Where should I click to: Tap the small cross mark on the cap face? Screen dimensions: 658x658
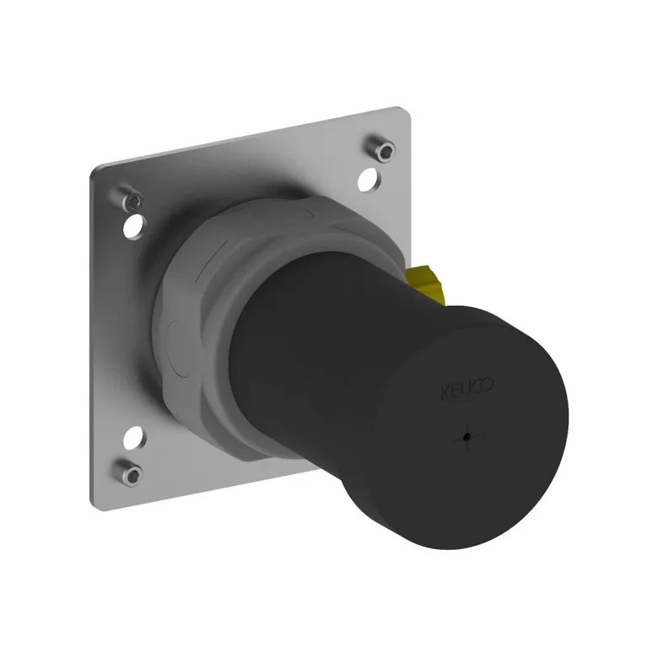pos(467,437)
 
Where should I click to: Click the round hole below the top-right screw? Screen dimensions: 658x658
pos(369,180)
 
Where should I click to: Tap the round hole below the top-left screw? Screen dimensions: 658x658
pos(135,227)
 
